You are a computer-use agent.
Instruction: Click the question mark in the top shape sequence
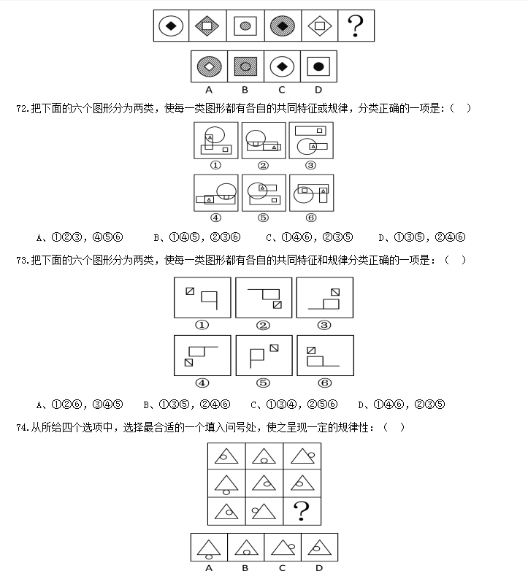[x=355, y=26]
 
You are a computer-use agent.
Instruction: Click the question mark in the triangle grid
[x=302, y=510]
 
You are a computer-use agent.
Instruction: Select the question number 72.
[x=23, y=109]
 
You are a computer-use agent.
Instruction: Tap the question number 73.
[x=23, y=261]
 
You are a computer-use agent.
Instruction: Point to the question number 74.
[x=23, y=428]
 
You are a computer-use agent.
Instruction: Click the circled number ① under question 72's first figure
[x=215, y=165]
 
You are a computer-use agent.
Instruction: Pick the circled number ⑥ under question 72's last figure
[x=311, y=218]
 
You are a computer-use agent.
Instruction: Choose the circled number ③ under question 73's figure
[x=324, y=325]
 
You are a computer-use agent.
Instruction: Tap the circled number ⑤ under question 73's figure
[x=263, y=383]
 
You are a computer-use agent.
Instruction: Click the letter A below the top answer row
[x=209, y=90]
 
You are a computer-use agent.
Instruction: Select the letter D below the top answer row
[x=318, y=90]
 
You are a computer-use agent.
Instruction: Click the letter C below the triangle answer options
[x=282, y=568]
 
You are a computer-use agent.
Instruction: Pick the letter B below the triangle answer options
[x=245, y=568]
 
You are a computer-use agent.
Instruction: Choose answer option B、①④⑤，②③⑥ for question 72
[x=197, y=237]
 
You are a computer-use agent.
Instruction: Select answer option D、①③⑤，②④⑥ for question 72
[x=422, y=237]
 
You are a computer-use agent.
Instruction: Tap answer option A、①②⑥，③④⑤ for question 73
[x=80, y=404]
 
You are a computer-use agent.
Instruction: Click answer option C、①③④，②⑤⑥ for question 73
[x=294, y=404]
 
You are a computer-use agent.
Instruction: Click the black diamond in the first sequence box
[x=171, y=26]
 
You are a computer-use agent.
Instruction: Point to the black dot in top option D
[x=318, y=66]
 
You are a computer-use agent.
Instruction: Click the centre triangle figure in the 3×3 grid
[x=264, y=483]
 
